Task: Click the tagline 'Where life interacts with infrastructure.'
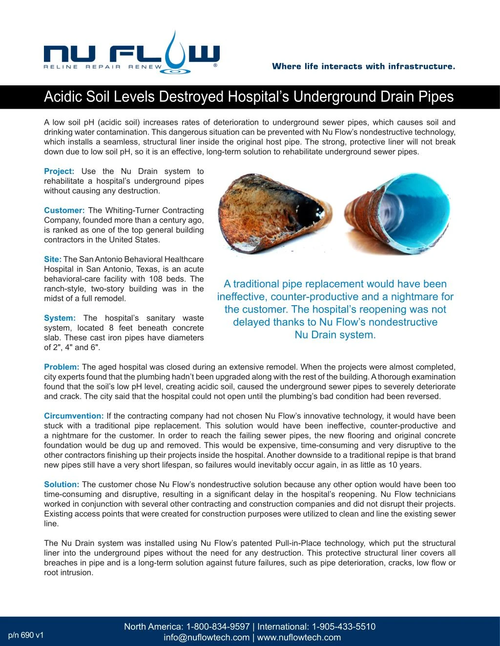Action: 363,66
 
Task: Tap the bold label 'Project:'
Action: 59,171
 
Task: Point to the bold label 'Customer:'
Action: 64,210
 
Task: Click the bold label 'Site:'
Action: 53,259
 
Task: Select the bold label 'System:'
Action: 60,318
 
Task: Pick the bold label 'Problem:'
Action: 62,367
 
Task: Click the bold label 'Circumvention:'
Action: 74,416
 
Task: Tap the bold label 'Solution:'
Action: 62,484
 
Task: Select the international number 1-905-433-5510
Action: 344,626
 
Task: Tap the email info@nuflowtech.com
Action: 207,637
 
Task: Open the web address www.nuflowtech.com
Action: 298,637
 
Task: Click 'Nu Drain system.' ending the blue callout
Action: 335,335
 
